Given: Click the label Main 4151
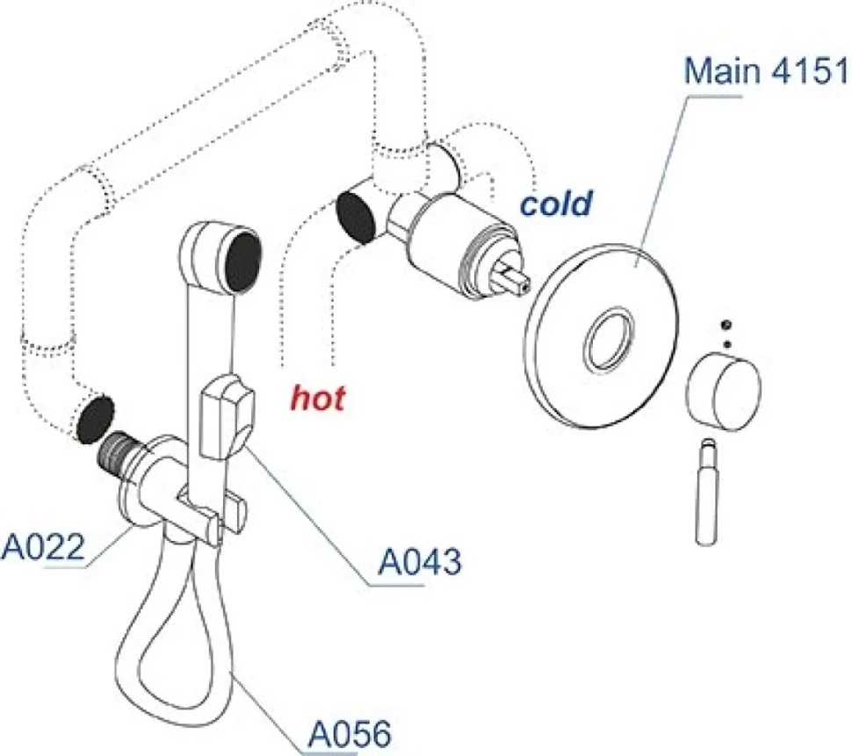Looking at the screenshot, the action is pyautogui.click(x=766, y=70).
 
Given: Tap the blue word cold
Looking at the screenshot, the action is pyautogui.click(x=555, y=203).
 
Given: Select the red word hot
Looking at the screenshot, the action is pyautogui.click(x=319, y=398).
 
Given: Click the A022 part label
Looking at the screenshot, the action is pyautogui.click(x=43, y=546).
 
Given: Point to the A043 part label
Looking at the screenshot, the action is pyautogui.click(x=420, y=562).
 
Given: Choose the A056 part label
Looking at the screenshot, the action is pyautogui.click(x=350, y=734).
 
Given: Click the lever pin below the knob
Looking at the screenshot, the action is pyautogui.click(x=707, y=492).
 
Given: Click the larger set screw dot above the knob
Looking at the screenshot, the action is pyautogui.click(x=725, y=326).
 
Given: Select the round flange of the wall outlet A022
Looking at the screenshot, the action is pyautogui.click(x=142, y=483).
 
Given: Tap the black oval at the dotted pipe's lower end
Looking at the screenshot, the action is pyautogui.click(x=96, y=418).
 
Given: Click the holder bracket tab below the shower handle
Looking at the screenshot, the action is pyautogui.click(x=212, y=510).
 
